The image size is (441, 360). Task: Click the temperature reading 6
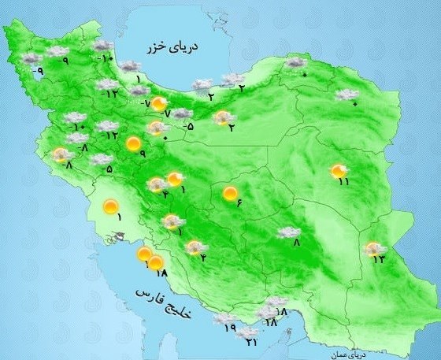(238, 206)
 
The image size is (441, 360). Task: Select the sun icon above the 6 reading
(231, 192)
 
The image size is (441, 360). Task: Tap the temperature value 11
(344, 183)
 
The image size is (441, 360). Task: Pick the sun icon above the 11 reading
(339, 169)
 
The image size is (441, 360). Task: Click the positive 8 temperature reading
(297, 243)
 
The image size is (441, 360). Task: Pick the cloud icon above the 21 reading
(246, 332)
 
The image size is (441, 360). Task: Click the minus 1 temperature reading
(179, 232)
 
